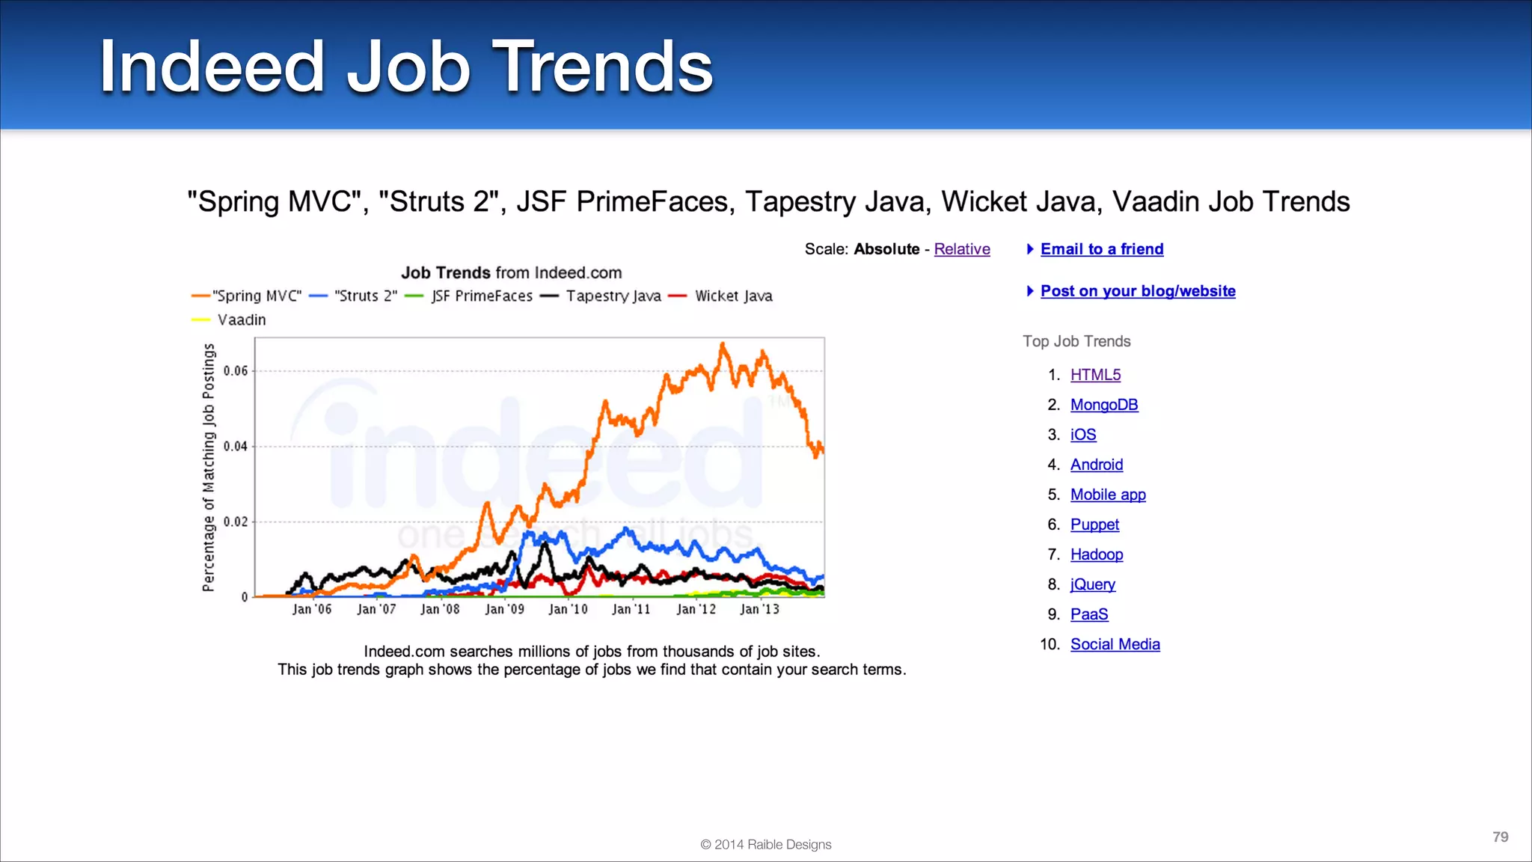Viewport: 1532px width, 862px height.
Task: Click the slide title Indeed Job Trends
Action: click(406, 67)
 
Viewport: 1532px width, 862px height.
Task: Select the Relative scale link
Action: click(961, 249)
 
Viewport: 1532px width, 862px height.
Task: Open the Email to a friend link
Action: click(1101, 249)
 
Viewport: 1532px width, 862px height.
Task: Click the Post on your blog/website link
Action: click(1137, 291)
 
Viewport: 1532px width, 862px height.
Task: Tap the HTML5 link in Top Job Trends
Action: click(1095, 375)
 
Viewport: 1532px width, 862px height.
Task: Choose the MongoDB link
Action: click(1103, 405)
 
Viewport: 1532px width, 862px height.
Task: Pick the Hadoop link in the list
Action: click(1096, 554)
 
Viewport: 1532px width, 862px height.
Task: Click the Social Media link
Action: click(1115, 644)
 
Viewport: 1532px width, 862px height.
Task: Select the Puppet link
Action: click(1094, 525)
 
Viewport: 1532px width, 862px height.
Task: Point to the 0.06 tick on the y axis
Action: click(236, 370)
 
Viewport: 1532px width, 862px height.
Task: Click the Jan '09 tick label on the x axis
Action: click(504, 609)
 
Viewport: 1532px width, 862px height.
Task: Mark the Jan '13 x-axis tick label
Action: click(759, 609)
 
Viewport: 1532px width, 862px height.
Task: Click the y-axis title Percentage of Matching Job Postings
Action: click(209, 468)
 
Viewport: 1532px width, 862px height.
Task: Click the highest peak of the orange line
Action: click(723, 345)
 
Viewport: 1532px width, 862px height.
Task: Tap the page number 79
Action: click(1500, 837)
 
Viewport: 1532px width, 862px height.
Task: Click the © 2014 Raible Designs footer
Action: click(765, 844)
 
